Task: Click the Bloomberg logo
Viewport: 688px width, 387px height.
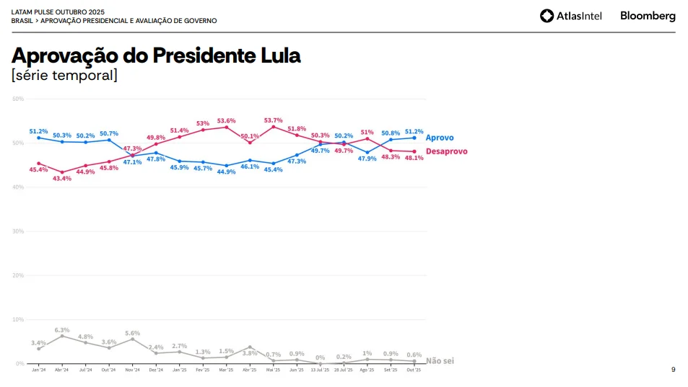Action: coord(648,16)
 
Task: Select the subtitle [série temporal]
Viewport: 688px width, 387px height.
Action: coord(64,75)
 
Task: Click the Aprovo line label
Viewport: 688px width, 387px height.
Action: coord(440,138)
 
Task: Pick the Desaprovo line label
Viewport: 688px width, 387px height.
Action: coord(446,151)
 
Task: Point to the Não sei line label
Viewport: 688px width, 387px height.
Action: coord(440,360)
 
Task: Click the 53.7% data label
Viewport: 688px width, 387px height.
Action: coord(273,120)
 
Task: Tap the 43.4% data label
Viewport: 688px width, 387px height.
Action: coord(62,179)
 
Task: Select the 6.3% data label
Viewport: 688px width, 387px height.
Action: coord(62,330)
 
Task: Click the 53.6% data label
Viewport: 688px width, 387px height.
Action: coord(226,120)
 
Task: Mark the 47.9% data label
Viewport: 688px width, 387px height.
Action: coord(367,159)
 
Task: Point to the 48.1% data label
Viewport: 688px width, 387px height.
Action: coord(414,158)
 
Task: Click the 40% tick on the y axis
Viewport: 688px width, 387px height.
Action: coord(18,187)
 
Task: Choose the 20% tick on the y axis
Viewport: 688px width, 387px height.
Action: coord(18,275)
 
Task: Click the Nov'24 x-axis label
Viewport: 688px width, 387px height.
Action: coord(132,370)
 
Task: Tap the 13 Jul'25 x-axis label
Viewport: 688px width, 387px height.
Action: coord(320,370)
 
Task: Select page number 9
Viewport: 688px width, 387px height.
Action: coord(673,370)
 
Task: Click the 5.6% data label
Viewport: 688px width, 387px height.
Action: coord(132,333)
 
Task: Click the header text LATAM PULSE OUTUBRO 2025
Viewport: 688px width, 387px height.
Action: coord(58,12)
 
